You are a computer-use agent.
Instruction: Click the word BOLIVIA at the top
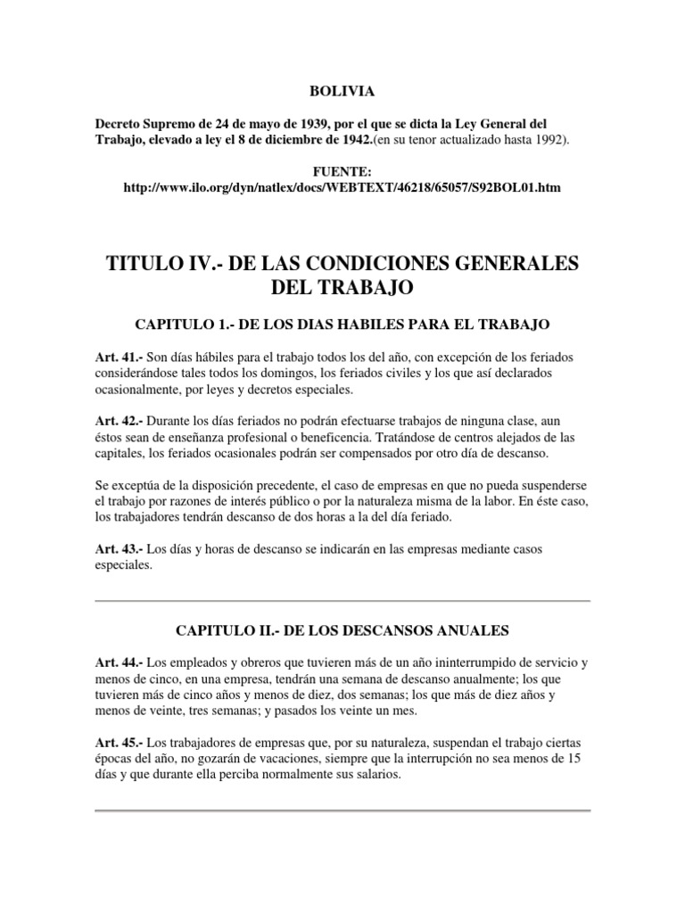coord(342,90)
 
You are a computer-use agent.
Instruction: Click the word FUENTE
coord(342,170)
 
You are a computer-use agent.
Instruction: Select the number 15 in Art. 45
coord(582,759)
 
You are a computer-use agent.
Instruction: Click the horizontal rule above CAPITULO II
coord(342,601)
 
